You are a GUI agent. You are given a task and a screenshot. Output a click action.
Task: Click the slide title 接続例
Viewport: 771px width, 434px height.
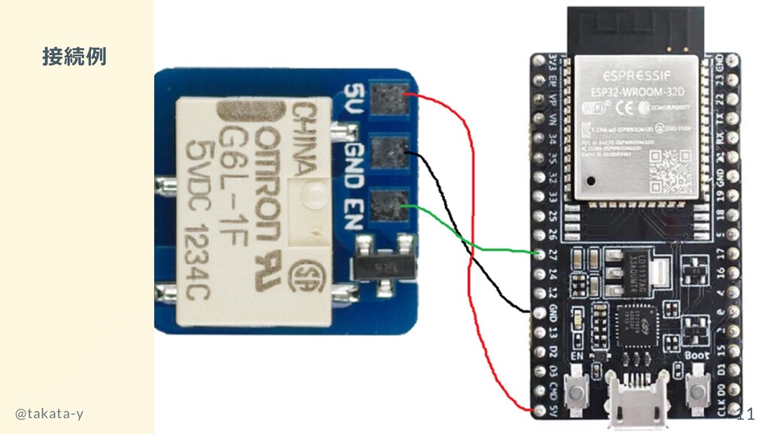[74, 57]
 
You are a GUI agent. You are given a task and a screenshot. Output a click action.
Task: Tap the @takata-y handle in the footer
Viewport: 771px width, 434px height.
[50, 414]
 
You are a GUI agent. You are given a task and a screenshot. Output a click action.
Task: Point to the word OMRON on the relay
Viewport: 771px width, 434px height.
[270, 181]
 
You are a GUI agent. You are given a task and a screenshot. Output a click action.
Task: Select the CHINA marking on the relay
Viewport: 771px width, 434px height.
[301, 139]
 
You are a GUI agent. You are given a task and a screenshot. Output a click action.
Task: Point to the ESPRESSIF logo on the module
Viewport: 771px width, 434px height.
[636, 76]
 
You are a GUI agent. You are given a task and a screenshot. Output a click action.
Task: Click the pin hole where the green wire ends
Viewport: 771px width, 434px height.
[538, 252]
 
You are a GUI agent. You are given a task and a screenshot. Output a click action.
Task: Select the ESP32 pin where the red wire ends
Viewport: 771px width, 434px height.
[538, 409]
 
